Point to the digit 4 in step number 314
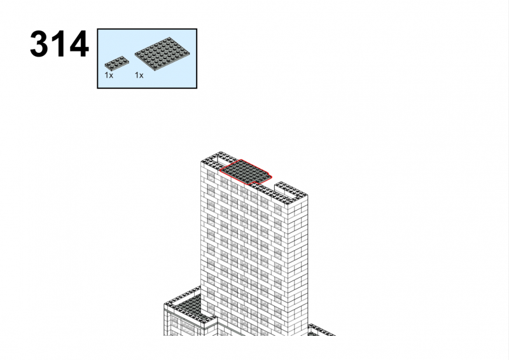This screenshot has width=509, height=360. point(79,44)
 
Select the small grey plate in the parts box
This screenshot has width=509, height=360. point(116,62)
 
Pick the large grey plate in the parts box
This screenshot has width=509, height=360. point(162,53)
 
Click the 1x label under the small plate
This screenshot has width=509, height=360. point(109,75)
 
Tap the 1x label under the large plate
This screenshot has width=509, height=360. point(139,75)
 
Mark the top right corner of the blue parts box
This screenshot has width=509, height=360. point(197,29)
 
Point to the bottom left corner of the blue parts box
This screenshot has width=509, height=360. point(97,88)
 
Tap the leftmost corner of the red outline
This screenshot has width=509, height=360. point(220,170)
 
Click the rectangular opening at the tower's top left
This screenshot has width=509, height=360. point(221,160)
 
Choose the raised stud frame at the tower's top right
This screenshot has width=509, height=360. point(291,190)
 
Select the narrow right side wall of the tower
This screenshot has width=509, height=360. point(298,265)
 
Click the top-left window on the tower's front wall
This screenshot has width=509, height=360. point(211,176)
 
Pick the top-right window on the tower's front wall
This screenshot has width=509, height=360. point(278,209)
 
